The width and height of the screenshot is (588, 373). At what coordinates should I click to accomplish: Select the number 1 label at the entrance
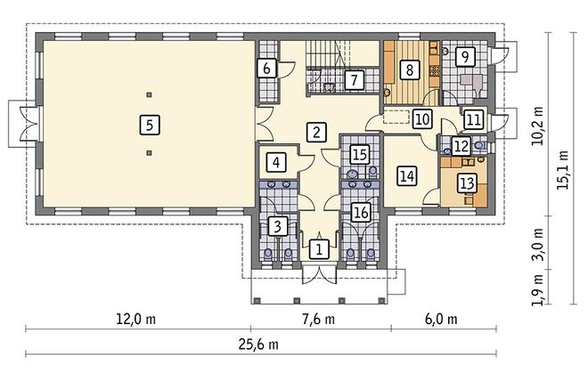point(317,248)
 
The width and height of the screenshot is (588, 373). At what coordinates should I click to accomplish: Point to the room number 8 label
point(408,68)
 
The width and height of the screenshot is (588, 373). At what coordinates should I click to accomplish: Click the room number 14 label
point(407,175)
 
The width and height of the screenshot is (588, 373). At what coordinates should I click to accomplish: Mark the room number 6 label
point(266,67)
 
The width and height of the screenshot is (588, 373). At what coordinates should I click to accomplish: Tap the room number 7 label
point(354,80)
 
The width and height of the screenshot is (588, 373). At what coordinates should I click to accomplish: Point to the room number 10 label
point(421,117)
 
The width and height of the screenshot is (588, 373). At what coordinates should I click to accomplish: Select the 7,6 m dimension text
point(316,320)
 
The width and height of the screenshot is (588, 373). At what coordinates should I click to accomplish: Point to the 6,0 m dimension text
point(440,320)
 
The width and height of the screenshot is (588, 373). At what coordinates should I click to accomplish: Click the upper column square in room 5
point(150,93)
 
